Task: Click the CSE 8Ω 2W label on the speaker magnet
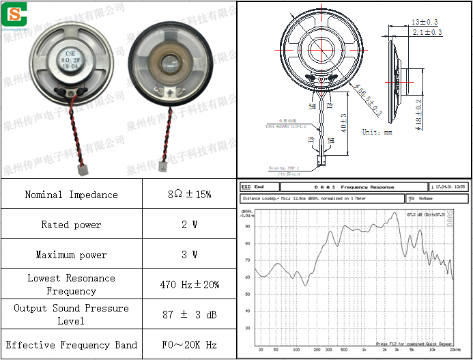(70, 60)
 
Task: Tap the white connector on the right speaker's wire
(163, 165)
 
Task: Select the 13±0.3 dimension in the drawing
(425, 23)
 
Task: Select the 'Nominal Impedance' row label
(71, 195)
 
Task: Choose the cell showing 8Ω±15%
(189, 195)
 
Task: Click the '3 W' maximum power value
(189, 255)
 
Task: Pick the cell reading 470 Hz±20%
(189, 284)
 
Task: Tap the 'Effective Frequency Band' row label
(71, 345)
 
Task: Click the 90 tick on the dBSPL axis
(248, 227)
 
